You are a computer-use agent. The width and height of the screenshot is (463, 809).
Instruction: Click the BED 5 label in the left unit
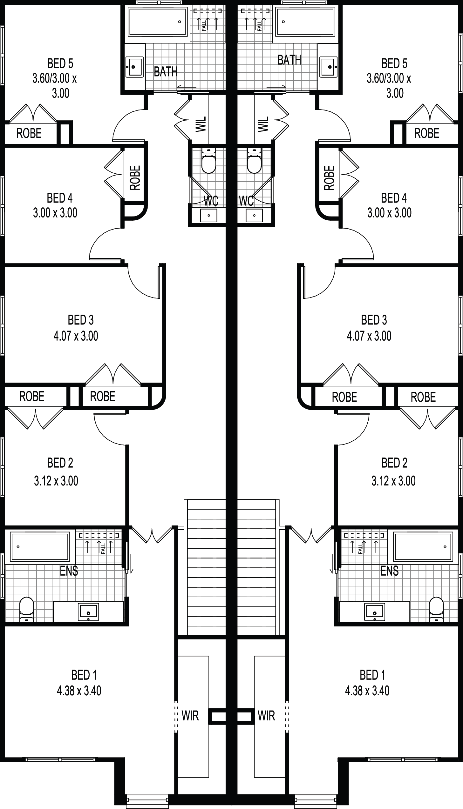pyautogui.click(x=60, y=64)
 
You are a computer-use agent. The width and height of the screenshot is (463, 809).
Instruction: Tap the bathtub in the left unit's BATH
pyautogui.click(x=157, y=22)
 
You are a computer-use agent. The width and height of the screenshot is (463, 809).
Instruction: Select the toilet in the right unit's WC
pyautogui.click(x=255, y=161)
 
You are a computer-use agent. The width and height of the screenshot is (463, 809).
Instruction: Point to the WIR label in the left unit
pyautogui.click(x=190, y=716)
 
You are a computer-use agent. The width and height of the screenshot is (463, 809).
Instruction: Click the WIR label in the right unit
pyautogui.click(x=267, y=716)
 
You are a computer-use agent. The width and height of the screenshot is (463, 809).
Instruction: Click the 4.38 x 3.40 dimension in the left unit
pyautogui.click(x=79, y=691)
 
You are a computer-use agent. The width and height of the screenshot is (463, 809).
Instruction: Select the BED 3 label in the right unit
pyautogui.click(x=374, y=320)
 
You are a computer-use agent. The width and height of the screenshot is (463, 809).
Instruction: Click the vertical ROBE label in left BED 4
pyautogui.click(x=135, y=178)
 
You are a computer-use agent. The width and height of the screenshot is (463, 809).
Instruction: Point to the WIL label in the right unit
pyautogui.click(x=264, y=124)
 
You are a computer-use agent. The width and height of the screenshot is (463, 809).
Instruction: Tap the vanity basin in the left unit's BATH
pyautogui.click(x=134, y=67)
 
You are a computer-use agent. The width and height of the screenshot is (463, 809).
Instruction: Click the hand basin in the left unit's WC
pyautogui.click(x=209, y=215)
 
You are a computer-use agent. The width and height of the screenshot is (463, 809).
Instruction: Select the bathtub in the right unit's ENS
pyautogui.click(x=423, y=547)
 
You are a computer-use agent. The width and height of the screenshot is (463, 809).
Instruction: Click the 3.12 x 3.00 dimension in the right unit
pyautogui.click(x=394, y=481)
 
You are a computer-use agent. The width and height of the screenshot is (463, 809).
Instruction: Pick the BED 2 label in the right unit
pyautogui.click(x=394, y=463)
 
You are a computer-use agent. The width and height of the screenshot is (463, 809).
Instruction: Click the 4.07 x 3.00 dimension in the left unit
pyautogui.click(x=76, y=336)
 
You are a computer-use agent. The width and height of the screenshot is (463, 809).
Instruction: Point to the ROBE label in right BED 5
pyautogui.click(x=427, y=133)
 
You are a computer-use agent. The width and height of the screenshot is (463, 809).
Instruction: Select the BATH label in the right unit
pyautogui.click(x=289, y=60)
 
